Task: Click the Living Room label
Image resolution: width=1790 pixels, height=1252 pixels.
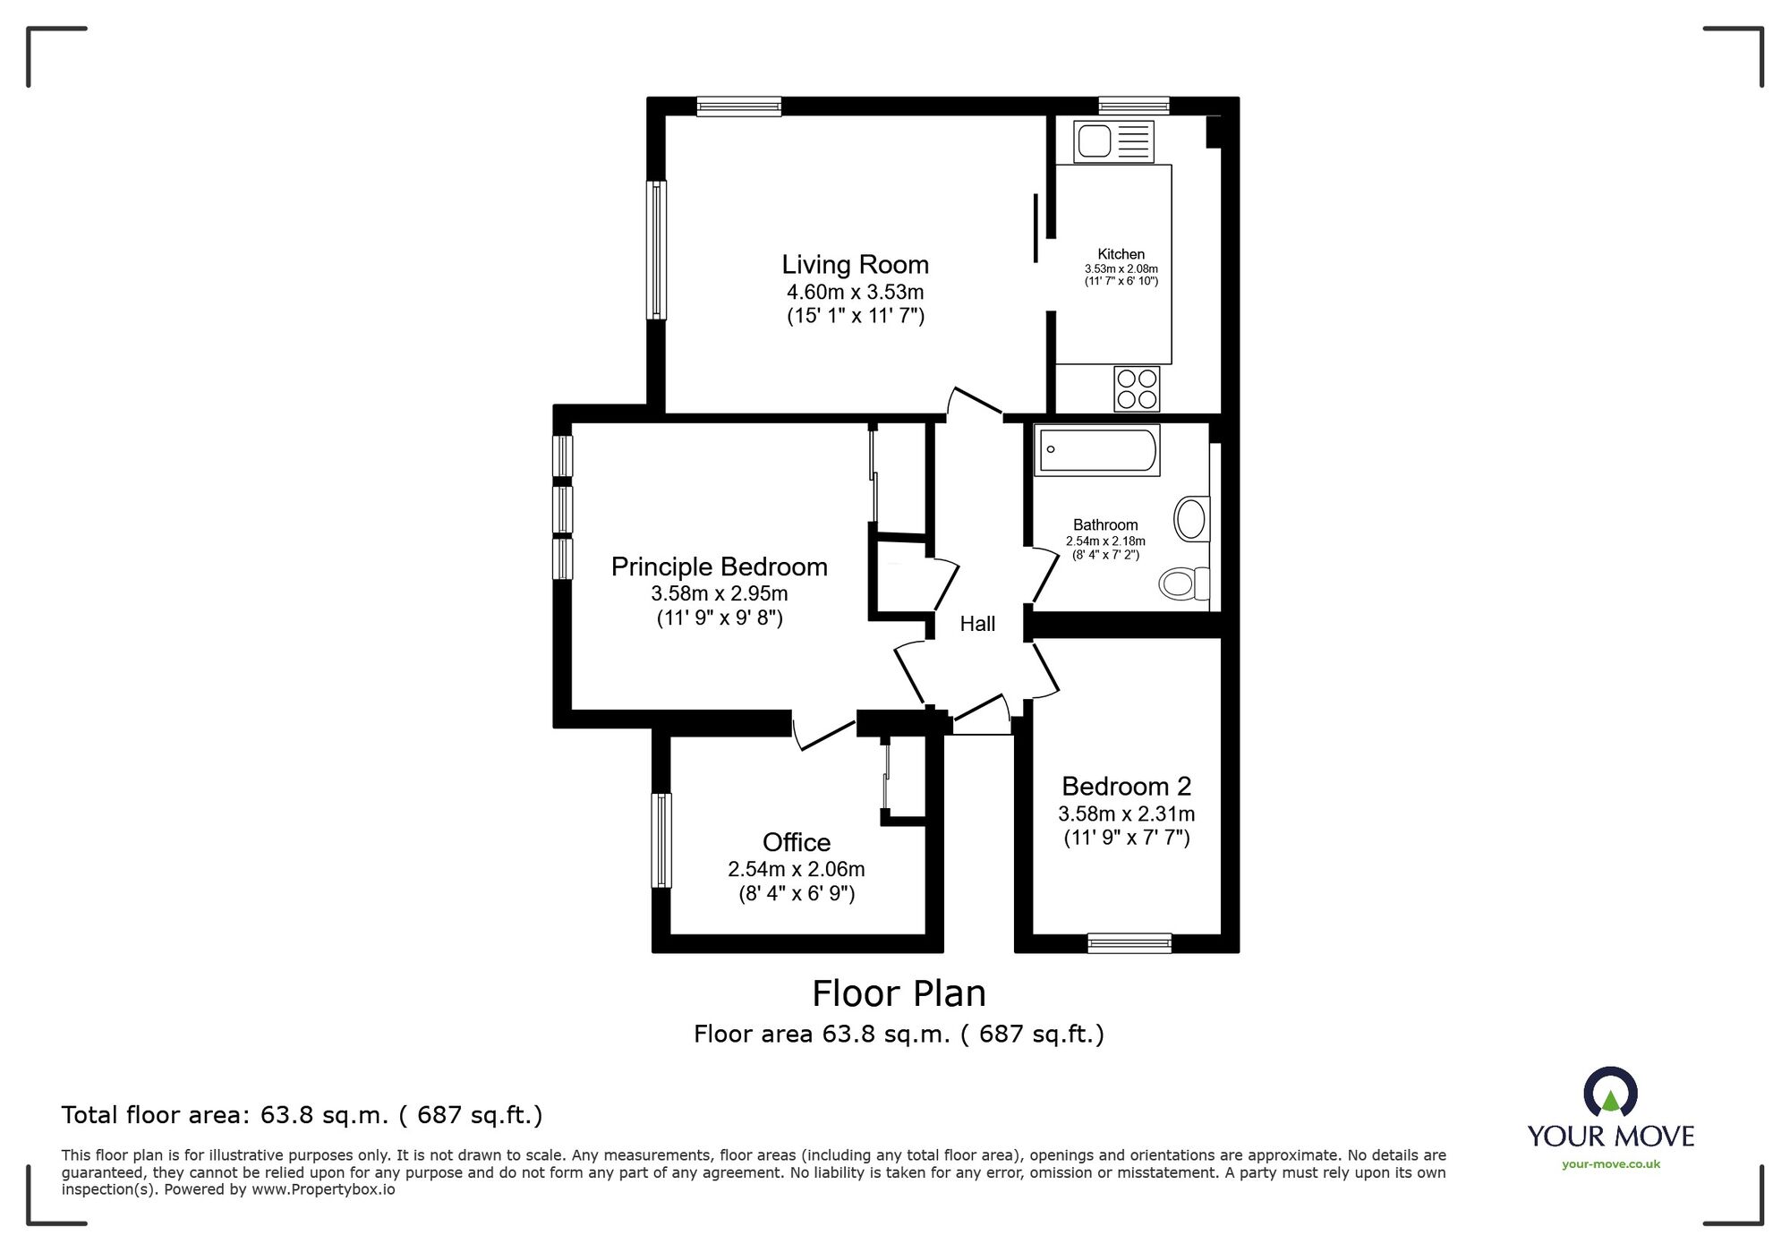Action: [x=855, y=265]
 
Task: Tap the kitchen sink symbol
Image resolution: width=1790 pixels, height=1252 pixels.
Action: [x=1113, y=141]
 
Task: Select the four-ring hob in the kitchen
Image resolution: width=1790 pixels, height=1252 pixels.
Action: [x=1137, y=389]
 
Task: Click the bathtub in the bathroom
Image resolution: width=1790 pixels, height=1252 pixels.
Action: [x=1096, y=449]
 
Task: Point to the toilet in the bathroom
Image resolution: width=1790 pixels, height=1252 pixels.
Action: [x=1182, y=583]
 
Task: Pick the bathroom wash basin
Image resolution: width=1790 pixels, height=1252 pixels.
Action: [x=1190, y=518]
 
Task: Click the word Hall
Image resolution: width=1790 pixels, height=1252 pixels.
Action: [x=977, y=624]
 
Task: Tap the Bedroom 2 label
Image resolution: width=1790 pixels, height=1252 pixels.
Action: [x=1126, y=787]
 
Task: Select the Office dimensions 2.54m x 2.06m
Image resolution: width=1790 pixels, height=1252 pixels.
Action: [x=796, y=869]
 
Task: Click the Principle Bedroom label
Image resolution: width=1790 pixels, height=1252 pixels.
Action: [x=719, y=567]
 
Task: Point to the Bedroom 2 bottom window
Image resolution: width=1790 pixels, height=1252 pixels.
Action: [x=1129, y=942]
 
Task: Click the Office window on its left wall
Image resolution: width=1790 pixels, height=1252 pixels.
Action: [x=661, y=839]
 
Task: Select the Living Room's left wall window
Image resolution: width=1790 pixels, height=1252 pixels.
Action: [x=657, y=250]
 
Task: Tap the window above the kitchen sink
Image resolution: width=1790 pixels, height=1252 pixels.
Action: [x=1133, y=106]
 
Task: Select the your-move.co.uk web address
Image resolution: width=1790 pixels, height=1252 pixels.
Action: [x=1610, y=1164]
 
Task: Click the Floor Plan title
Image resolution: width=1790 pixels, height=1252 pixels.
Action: [x=899, y=993]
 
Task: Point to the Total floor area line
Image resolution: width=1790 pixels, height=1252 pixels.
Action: [x=302, y=1115]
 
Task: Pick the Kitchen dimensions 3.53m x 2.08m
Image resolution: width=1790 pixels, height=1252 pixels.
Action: [x=1121, y=268]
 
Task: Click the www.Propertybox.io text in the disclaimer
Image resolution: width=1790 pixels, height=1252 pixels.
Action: [x=323, y=1190]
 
